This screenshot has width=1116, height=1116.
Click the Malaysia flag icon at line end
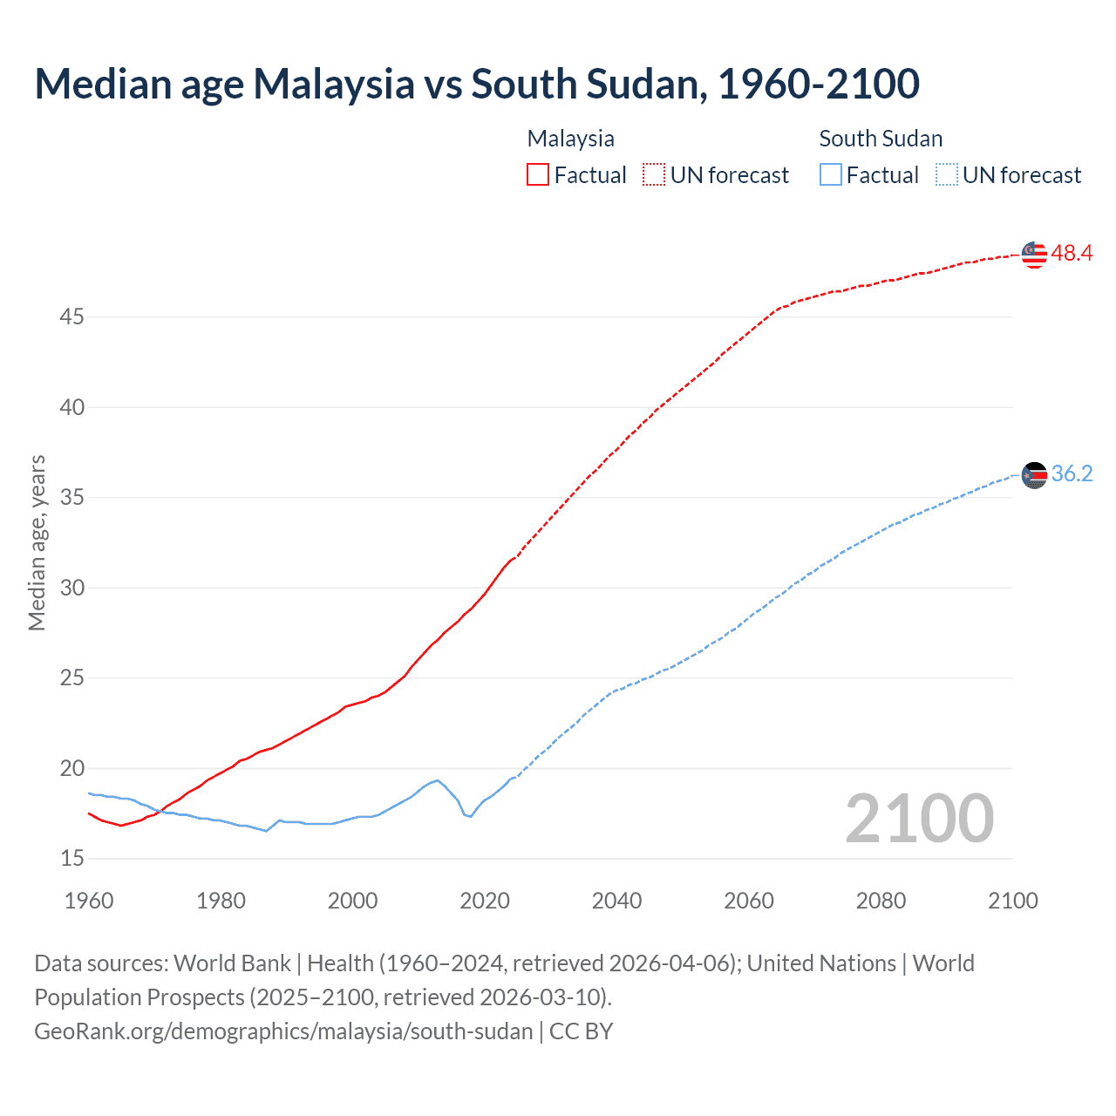(1034, 255)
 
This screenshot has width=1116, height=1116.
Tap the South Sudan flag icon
(1034, 475)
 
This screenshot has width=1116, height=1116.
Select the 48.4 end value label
(1072, 254)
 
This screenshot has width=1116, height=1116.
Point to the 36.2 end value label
(1072, 474)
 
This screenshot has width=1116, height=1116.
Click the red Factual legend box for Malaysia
(538, 175)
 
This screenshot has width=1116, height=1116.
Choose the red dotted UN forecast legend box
(654, 175)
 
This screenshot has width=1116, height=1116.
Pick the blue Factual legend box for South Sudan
(831, 175)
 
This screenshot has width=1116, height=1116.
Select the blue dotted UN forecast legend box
(946, 175)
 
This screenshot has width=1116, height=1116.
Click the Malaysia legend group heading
(570, 139)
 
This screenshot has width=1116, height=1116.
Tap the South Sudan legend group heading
(881, 139)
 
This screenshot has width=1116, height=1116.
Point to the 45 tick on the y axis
(71, 317)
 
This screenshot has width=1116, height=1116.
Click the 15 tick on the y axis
(71, 859)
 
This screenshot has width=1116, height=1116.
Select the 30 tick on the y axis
(71, 588)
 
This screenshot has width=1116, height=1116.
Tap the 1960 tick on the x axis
(89, 901)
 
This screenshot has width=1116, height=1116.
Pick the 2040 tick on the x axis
(616, 901)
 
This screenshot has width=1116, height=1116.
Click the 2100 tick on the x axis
(1012, 901)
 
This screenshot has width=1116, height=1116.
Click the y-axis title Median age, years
(37, 542)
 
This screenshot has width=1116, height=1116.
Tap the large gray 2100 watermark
(919, 818)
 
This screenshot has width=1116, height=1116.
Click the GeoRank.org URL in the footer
(283, 1031)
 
